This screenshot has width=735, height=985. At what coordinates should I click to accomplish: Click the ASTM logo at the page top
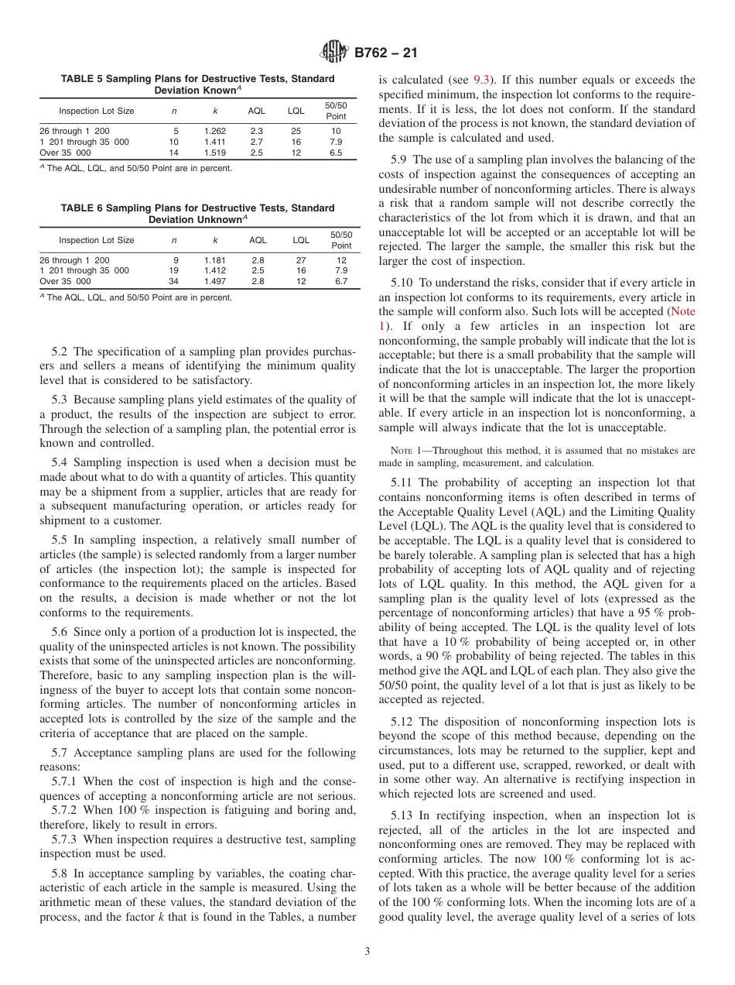tap(335, 53)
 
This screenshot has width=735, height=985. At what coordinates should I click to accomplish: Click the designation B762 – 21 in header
tap(385, 53)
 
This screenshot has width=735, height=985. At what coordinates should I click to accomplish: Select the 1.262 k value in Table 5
tap(215, 132)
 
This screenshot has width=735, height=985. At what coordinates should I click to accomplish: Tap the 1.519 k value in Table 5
tap(215, 153)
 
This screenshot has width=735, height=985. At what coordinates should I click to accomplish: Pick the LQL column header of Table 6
tap(300, 240)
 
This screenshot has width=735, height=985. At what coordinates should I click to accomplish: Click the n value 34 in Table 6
tap(173, 282)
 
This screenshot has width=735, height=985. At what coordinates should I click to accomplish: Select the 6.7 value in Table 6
tap(341, 282)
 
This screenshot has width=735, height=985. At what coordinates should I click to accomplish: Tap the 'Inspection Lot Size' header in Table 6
tap(97, 240)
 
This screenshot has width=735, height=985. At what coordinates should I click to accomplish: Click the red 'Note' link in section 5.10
tap(682, 311)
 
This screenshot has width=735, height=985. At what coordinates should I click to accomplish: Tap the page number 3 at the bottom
tap(367, 952)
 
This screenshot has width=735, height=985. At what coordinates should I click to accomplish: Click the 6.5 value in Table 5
tap(336, 153)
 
